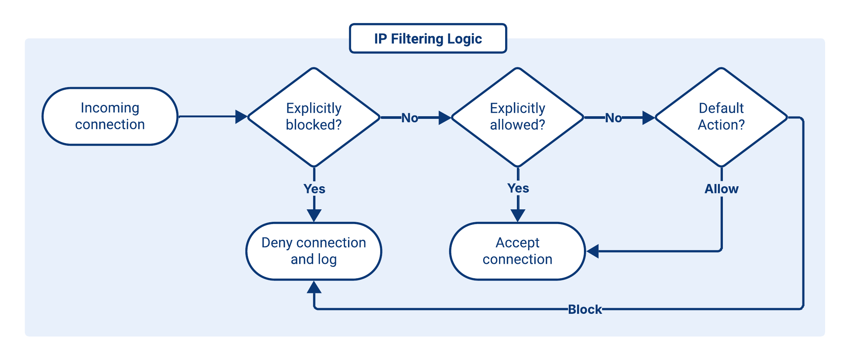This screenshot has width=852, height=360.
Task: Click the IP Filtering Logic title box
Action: coord(428,39)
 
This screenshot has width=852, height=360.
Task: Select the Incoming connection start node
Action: coord(110,116)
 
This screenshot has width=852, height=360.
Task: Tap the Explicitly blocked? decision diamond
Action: coord(314,117)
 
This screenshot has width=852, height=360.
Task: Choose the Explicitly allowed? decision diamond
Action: coord(517,117)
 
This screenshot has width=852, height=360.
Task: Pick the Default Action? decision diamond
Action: coord(721,117)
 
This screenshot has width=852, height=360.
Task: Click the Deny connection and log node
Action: coord(314,251)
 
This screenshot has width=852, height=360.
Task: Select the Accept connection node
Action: coord(517,251)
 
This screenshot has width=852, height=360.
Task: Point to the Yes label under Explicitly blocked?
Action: coord(314,189)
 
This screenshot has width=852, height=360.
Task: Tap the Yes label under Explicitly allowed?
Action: coord(518,188)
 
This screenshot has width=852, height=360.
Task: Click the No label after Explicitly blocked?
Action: coord(409,118)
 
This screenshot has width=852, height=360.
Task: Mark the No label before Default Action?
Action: coord(613,118)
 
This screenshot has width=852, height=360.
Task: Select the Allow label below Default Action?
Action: coord(721,189)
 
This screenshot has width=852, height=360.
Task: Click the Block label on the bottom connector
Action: coord(585,309)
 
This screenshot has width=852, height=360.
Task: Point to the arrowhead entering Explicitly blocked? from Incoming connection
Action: coord(241,117)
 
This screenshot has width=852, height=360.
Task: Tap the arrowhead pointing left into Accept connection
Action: coord(593,251)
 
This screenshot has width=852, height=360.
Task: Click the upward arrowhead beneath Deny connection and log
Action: coord(314,287)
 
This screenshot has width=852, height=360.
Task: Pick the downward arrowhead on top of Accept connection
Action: coord(518,215)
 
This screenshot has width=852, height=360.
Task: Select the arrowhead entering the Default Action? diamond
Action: coord(648,118)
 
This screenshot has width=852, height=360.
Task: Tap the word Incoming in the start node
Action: coord(110,108)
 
